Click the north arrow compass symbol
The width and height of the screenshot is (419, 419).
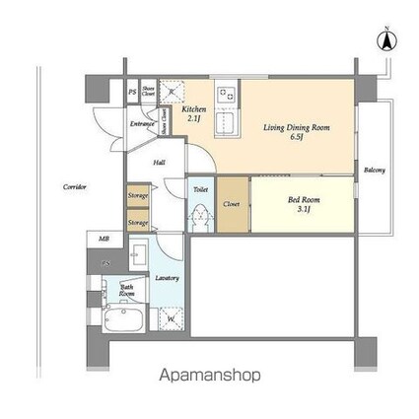pos(387,40)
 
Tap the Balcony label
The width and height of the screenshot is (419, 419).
pos(374,170)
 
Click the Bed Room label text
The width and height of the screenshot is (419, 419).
pos(303,199)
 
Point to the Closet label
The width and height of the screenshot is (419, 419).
pos(232,204)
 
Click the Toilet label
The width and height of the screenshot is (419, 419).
pos(200,187)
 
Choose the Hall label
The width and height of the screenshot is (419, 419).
pos(160,165)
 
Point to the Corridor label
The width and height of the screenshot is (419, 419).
pos(75,185)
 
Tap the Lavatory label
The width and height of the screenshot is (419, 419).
pos(167,278)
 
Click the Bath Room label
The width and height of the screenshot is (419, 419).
pos(127,291)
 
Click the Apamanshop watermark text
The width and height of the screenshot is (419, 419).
pos(210,376)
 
